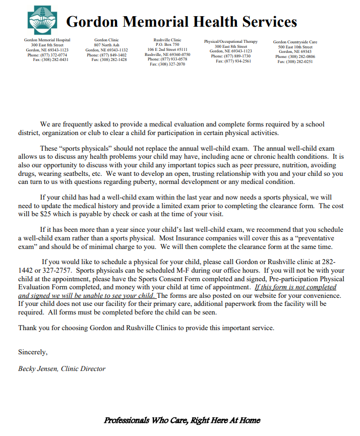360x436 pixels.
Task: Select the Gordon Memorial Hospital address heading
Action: (x=47, y=40)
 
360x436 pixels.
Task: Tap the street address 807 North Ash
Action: (x=106, y=45)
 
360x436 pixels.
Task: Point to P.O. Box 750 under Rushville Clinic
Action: (x=167, y=44)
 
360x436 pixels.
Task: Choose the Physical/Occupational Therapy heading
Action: (x=230, y=41)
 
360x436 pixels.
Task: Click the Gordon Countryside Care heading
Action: (x=295, y=42)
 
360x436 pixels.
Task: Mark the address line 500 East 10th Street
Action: (x=295, y=47)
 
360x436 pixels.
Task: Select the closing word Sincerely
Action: (x=33, y=352)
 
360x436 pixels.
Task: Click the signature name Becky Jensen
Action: (x=39, y=368)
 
